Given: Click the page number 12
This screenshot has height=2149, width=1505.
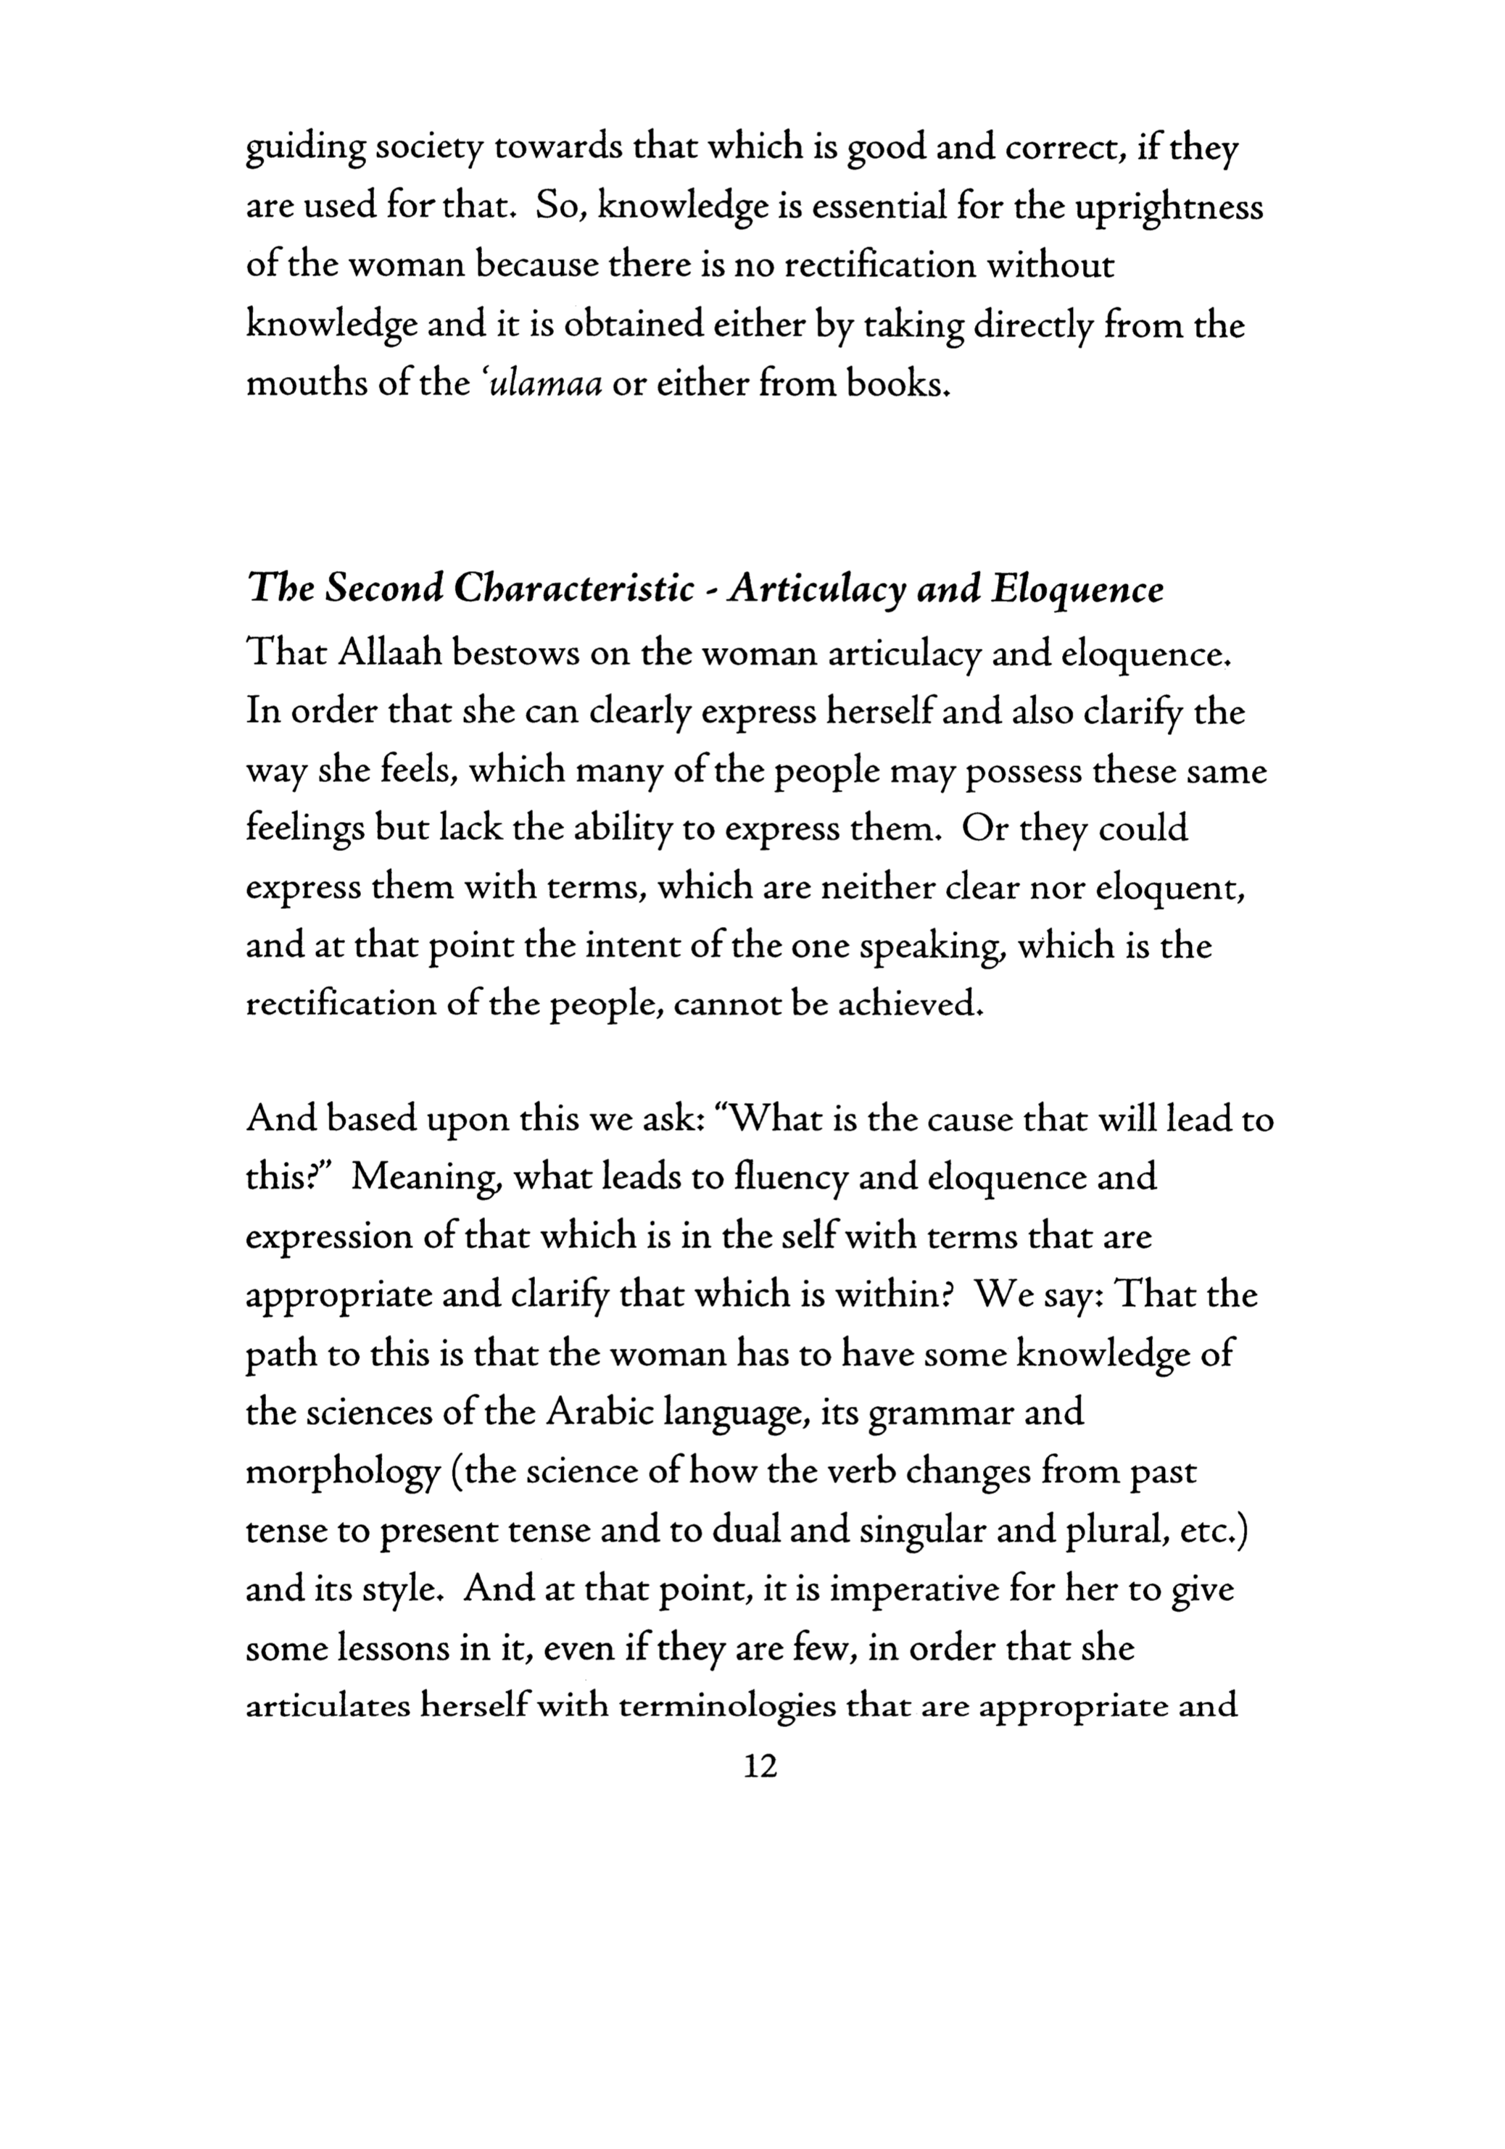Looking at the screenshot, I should (x=759, y=1766).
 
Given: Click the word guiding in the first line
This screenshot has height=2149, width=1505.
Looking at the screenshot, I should (x=304, y=151).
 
